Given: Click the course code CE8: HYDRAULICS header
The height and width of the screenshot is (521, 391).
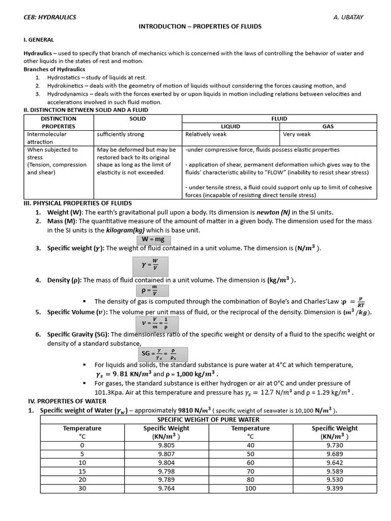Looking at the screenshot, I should point(50,17).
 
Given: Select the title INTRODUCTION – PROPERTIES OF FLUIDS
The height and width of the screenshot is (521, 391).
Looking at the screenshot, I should point(200,26).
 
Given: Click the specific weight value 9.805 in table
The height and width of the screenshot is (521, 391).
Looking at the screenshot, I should point(166,445).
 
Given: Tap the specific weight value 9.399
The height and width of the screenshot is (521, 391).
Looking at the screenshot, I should point(334,488).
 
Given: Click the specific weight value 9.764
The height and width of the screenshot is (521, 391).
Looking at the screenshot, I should point(166,488).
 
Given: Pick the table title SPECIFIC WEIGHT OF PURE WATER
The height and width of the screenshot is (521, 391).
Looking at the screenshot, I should point(208,419).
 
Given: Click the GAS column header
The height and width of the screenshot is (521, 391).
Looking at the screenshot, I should point(328,126).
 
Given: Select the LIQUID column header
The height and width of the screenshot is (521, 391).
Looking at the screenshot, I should point(230,126).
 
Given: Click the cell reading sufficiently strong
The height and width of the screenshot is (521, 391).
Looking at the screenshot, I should point(121,134).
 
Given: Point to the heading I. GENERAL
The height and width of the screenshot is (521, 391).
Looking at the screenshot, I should point(39,40).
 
